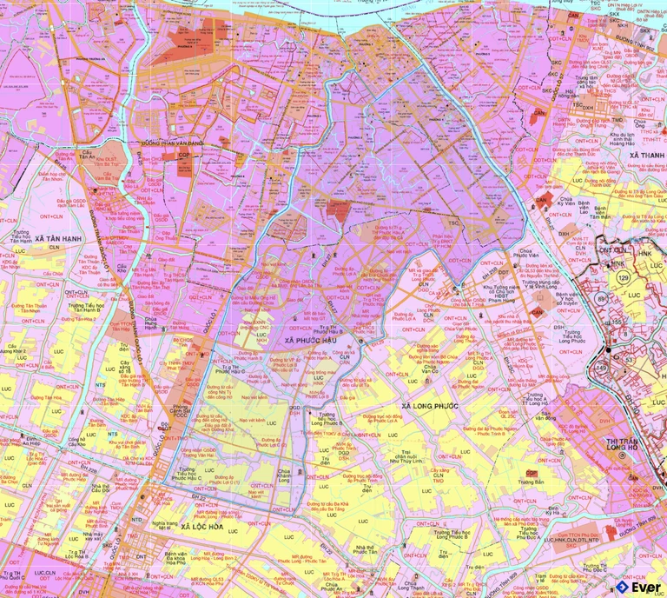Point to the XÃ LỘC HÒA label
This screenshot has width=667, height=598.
tap(197, 527)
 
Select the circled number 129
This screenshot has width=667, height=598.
tap(622, 276)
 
